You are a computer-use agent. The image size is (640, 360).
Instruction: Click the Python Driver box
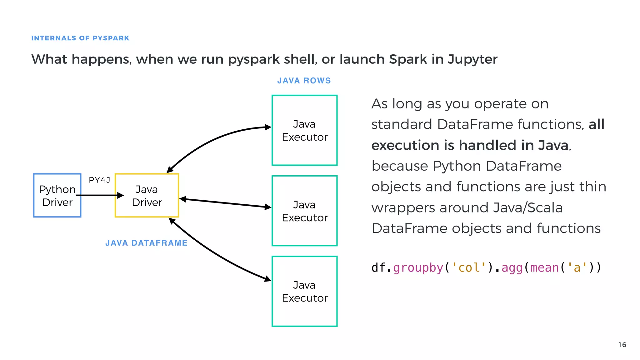(x=57, y=196)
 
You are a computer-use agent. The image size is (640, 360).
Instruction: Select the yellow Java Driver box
(x=147, y=196)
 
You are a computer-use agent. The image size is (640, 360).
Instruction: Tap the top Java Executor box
(x=304, y=130)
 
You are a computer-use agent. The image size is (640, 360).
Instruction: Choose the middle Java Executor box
(x=304, y=211)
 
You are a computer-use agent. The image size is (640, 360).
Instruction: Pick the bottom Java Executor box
(x=304, y=291)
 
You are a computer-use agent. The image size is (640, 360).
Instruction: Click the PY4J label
(x=99, y=180)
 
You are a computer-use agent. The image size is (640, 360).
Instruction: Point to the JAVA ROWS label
(x=304, y=81)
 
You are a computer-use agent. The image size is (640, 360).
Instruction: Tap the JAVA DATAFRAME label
(x=146, y=243)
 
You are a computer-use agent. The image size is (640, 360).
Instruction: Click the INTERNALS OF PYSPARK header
(x=80, y=38)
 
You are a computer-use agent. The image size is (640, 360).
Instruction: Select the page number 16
(x=622, y=345)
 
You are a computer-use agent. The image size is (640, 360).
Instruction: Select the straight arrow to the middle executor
(x=225, y=203)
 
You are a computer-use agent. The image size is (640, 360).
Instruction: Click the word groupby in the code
(x=418, y=268)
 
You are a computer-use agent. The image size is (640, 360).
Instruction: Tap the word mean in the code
(x=544, y=268)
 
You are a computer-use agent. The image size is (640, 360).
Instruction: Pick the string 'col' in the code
(x=469, y=268)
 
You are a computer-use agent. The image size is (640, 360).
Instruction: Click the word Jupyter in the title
(x=472, y=59)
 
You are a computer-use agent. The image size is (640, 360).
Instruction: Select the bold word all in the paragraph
(x=596, y=124)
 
